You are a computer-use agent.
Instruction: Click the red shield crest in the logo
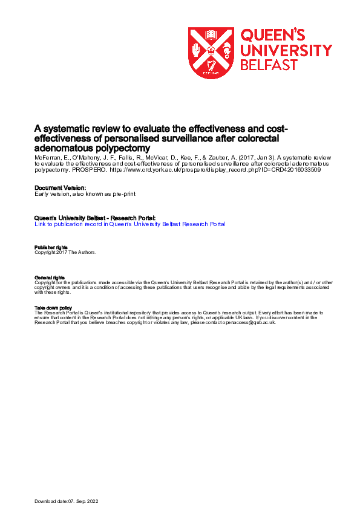(211, 53)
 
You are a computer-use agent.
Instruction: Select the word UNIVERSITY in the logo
(286, 50)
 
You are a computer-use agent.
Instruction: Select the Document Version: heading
(60, 187)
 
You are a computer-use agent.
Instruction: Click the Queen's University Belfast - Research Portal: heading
(95, 218)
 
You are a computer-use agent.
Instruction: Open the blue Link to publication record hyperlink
(130, 224)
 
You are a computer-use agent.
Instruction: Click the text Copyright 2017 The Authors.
(65, 251)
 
